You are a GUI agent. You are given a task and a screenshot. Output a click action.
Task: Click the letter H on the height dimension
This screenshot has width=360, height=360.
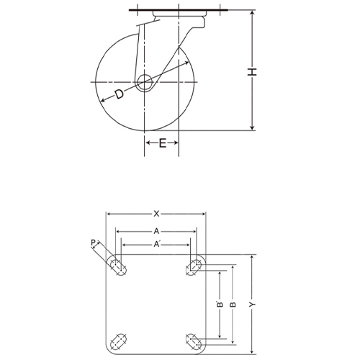[253, 71]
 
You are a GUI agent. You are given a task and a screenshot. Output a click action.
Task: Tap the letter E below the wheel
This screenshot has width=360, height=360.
[162, 144]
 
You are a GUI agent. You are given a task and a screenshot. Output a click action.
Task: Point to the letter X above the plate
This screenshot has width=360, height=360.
[156, 213]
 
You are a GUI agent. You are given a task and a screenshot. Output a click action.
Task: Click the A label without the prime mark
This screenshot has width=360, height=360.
[156, 231]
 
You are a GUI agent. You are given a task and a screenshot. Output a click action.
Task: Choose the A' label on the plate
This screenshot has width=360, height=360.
[157, 245]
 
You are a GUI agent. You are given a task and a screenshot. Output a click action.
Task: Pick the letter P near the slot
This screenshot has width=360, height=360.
[92, 244]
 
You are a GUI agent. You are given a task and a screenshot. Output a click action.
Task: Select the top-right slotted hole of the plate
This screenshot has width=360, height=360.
[194, 267]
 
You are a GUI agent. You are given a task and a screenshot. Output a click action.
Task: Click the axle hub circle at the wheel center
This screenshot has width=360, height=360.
[144, 81]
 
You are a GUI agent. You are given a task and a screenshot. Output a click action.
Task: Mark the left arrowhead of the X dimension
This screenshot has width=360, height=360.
[109, 214]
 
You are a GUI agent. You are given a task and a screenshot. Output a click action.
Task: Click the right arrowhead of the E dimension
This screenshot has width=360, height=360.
[176, 144]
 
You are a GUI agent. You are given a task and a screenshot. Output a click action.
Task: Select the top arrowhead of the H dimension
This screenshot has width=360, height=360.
[253, 13]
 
